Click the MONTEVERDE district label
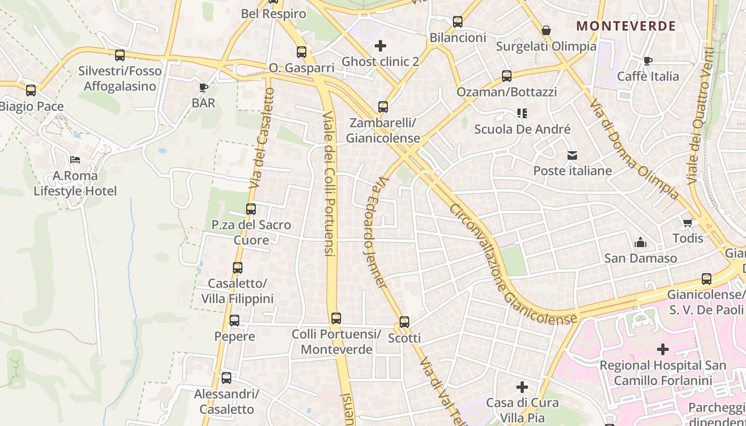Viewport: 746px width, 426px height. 626,26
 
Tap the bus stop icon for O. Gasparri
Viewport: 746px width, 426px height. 302,52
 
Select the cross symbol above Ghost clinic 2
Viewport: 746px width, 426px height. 380,46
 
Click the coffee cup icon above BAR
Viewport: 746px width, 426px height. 203,87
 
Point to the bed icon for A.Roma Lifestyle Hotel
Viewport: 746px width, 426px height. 75,160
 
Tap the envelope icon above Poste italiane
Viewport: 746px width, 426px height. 572,155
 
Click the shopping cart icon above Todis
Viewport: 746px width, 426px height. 688,223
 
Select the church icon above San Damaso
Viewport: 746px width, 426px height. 640,243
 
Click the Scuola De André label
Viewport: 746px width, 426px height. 522,129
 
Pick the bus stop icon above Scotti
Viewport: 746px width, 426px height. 404,322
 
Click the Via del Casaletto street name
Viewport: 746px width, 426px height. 261,138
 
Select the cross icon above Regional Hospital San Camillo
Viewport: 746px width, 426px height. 663,349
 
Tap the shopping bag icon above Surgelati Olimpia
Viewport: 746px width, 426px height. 546,31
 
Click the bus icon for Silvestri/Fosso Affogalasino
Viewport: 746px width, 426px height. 120,55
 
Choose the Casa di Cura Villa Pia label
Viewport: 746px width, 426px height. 522,409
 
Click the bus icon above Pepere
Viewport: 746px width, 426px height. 234,321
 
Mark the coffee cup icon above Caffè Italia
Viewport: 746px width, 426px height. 648,61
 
